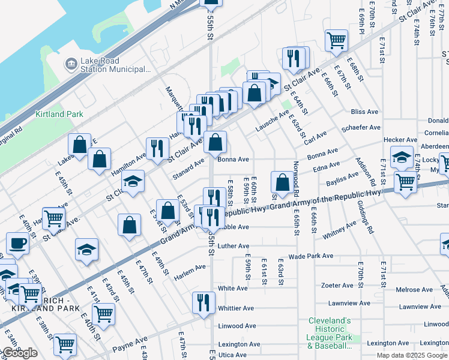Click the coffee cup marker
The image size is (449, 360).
[x=17, y=244]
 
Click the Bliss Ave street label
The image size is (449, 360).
[x=364, y=112]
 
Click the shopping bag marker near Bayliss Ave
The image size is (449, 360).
[x=282, y=182]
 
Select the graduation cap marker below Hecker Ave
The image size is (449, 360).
[x=402, y=157]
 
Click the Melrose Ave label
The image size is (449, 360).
[x=414, y=290]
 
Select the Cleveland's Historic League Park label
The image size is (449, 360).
[x=330, y=329]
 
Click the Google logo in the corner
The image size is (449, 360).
[x=19, y=353]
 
